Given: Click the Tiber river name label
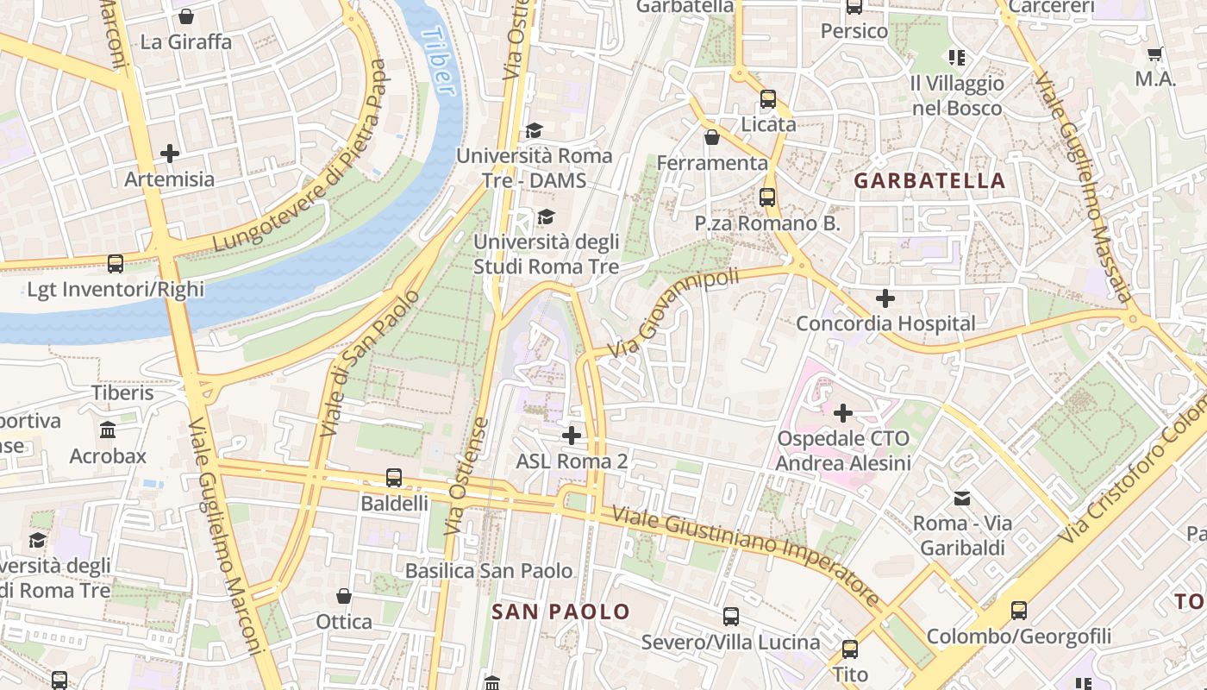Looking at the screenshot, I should coord(436,60).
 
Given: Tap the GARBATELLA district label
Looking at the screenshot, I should coord(929,181).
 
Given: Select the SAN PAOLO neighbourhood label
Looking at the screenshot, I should coord(560,612).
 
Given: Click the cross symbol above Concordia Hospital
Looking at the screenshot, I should coord(885,299).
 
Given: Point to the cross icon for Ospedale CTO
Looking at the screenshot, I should coord(843,413).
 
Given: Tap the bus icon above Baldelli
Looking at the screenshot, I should coord(394,477).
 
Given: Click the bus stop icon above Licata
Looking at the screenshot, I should coord(768,99).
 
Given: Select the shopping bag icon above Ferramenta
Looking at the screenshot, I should coord(712,137).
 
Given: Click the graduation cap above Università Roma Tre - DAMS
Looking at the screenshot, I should coord(534,131).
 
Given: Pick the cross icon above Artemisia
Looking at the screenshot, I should coord(170,154).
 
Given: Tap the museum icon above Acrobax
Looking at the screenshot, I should coord(108,430).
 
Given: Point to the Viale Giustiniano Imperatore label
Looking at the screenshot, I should coord(747,557).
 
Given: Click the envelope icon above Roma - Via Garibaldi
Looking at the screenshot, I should coord(962,498).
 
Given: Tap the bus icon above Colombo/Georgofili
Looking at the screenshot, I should coord(1019,611).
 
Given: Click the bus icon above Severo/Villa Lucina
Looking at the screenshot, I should coord(730,616).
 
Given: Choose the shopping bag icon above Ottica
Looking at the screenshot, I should coord(344,596).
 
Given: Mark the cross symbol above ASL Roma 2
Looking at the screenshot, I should coord(571,436).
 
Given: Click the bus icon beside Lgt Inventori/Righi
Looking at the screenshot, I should coord(116,264).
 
